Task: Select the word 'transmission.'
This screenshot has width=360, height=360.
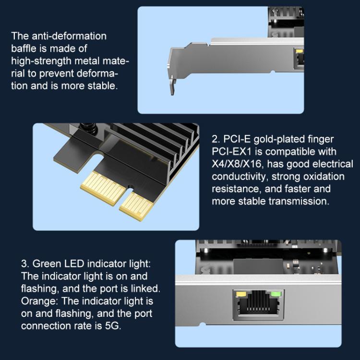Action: point(300,201)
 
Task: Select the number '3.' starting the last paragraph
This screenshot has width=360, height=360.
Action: point(25,264)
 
